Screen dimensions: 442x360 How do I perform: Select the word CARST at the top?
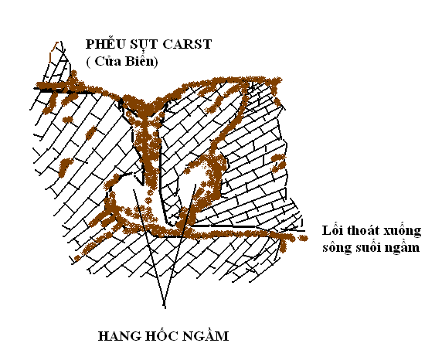tap(187, 44)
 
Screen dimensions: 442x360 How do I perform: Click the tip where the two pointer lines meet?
tap(165, 307)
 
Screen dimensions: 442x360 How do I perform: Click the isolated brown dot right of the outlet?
tap(303, 238)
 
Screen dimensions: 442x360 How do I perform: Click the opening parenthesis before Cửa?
tap(89, 62)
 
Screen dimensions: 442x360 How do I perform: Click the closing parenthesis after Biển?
tap(155, 62)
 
